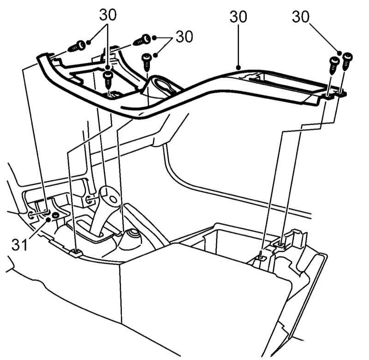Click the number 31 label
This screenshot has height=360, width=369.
19,245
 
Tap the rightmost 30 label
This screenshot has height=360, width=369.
301,17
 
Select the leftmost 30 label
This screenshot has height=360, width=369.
108,15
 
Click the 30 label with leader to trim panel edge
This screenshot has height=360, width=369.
238,17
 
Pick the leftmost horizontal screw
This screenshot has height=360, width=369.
77,47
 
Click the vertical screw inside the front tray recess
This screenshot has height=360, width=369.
108,80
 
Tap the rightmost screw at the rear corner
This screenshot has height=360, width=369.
348,61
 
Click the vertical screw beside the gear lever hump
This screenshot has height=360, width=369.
147,62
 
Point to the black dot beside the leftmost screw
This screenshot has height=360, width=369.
89,42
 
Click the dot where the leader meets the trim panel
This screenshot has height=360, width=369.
238,68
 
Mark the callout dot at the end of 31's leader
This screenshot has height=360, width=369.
48,220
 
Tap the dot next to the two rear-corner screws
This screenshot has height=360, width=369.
339,53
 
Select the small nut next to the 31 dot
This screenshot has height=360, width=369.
56,215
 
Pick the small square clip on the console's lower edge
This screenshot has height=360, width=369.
77,253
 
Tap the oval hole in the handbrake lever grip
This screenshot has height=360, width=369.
113,200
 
